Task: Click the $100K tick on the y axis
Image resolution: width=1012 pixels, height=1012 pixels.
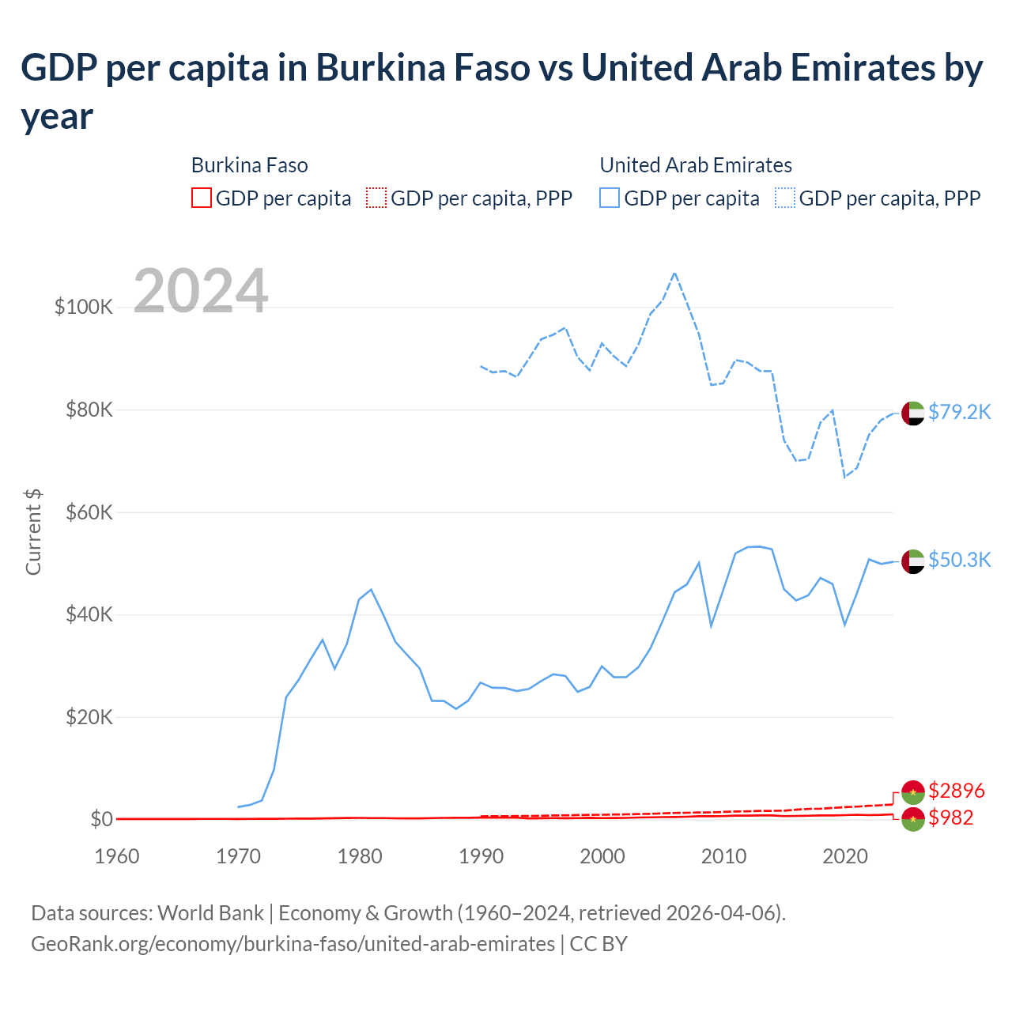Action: click(x=84, y=307)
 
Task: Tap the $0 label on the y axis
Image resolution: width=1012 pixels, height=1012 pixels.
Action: click(x=101, y=819)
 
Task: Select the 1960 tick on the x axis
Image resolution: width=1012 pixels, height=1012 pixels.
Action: click(x=117, y=856)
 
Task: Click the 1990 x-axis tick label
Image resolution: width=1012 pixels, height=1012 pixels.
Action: click(x=481, y=856)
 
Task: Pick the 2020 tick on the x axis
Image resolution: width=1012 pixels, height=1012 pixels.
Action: click(x=845, y=856)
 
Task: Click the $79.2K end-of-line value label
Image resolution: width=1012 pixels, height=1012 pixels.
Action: click(x=959, y=412)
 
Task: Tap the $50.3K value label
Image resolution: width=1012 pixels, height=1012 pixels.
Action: click(x=959, y=560)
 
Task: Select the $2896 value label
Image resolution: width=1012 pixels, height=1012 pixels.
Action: click(x=957, y=791)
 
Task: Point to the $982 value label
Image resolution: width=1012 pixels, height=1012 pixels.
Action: click(x=951, y=818)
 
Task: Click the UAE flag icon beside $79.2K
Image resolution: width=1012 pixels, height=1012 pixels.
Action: click(x=913, y=413)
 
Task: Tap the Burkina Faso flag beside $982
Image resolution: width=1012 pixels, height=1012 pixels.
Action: click(x=913, y=819)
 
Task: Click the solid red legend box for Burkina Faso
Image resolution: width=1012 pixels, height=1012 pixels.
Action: click(x=202, y=198)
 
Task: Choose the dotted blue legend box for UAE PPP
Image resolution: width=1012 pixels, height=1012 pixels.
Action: click(x=785, y=198)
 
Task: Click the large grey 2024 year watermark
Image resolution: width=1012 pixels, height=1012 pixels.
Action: click(x=201, y=291)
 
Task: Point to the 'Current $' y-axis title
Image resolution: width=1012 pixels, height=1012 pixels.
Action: click(x=33, y=532)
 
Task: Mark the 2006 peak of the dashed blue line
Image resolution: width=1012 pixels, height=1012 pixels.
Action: click(x=674, y=273)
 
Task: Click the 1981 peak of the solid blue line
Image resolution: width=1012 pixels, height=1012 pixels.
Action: click(x=371, y=589)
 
